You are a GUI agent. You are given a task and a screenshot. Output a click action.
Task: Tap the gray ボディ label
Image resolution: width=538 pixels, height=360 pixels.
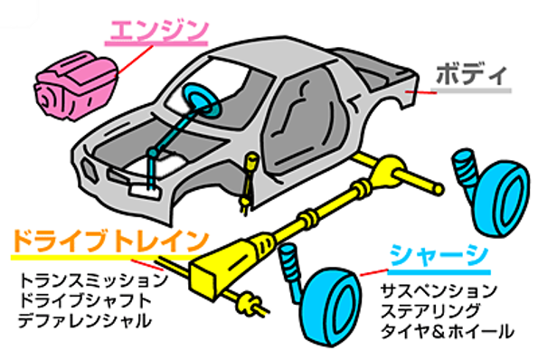tap(472, 74)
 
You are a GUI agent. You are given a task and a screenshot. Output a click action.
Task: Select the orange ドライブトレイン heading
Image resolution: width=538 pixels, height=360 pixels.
tap(110, 241)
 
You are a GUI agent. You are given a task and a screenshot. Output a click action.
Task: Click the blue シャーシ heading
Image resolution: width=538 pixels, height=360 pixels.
tap(439, 255)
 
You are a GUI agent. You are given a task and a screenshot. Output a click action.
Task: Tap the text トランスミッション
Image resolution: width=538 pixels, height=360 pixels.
tap(93, 280)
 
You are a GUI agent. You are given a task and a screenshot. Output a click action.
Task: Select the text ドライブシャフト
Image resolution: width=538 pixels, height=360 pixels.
tap(85, 300)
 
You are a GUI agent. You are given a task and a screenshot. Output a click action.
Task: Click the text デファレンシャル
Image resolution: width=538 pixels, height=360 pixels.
tap(84, 320)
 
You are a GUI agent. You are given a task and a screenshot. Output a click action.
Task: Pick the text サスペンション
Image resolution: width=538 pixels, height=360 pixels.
tap(439, 291)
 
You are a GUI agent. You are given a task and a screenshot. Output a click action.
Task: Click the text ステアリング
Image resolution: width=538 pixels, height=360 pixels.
tap(430, 311)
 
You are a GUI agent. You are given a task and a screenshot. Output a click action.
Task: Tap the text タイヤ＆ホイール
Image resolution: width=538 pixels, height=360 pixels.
tap(447, 332)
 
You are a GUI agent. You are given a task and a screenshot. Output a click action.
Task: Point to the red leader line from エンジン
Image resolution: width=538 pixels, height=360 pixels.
tap(136, 60)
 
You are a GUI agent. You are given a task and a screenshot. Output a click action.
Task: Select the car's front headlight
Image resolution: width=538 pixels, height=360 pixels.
tap(90, 171)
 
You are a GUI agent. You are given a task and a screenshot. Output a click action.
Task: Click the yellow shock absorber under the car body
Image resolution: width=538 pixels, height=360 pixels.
tap(249, 182)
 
